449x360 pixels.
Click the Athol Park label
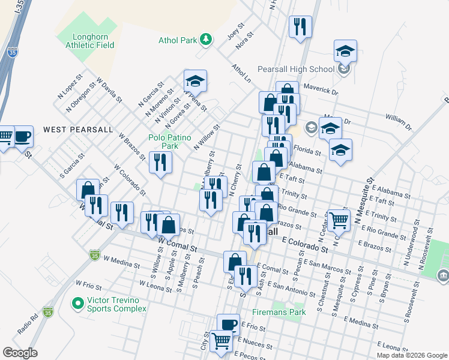pos(178,41)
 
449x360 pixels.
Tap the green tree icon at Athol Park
pos(206,40)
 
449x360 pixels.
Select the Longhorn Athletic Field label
pos(85,40)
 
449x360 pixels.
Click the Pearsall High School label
pos(295,69)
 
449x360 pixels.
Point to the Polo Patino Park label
pos(163,141)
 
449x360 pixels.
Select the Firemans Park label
pos(285,312)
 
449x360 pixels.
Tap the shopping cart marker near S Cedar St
pos(339,219)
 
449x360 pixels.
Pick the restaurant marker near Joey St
pos(299,26)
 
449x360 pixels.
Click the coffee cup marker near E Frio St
pos(228,325)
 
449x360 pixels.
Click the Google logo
pos(20,352)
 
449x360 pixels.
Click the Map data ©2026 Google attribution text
pos(411,355)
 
